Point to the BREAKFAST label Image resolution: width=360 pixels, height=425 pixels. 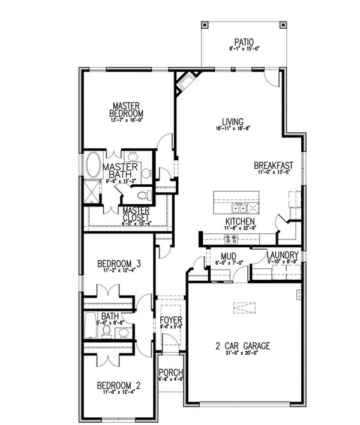[x=273, y=165]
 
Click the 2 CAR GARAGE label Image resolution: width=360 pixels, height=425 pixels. [x=244, y=346]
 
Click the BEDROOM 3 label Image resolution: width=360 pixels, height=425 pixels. [x=119, y=264]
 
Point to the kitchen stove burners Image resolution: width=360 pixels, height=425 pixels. [x=230, y=239]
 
